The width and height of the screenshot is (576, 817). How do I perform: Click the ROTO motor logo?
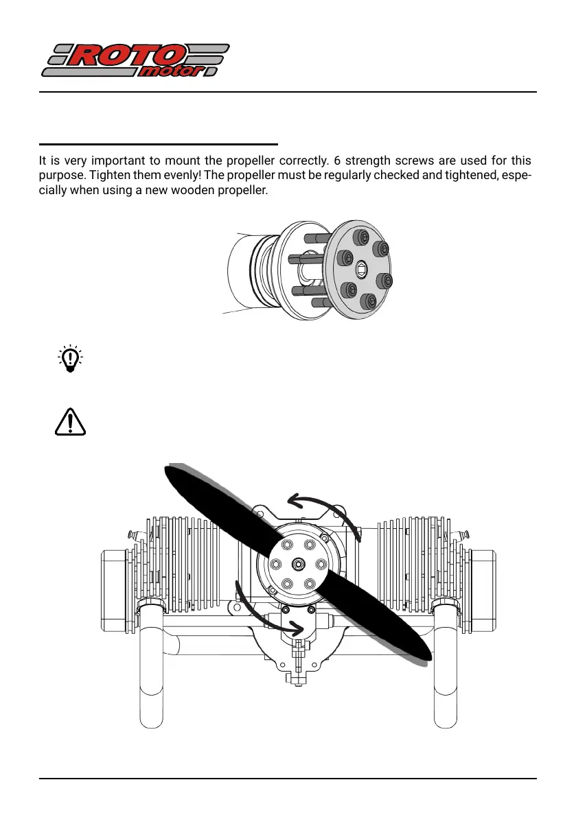coord(135,61)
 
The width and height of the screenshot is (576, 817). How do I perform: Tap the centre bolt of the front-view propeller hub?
coord(299,563)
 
